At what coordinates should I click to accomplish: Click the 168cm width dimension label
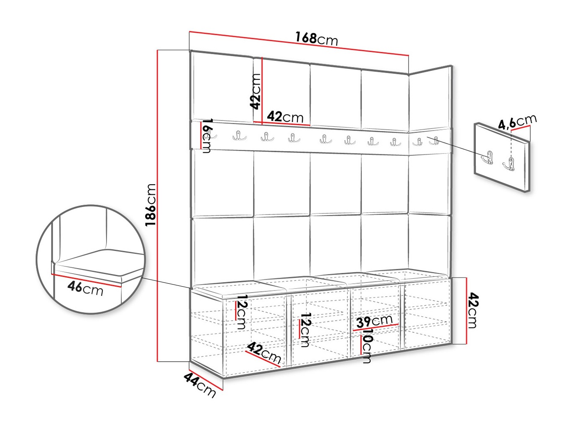pyautogui.click(x=316, y=39)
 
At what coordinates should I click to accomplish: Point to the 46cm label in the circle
pyautogui.click(x=85, y=288)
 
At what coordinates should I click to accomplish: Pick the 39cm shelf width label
pyautogui.click(x=374, y=321)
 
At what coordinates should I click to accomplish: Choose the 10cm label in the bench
pyautogui.click(x=367, y=345)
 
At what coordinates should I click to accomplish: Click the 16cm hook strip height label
pyautogui.click(x=207, y=136)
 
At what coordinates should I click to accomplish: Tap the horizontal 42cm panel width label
pyautogui.click(x=285, y=117)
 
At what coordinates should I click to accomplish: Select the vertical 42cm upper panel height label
pyautogui.click(x=255, y=91)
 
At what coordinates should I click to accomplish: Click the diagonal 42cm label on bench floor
pyautogui.click(x=264, y=353)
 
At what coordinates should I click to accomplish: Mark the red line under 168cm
pyautogui.click(x=299, y=44)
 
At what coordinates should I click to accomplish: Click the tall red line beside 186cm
pyautogui.click(x=158, y=206)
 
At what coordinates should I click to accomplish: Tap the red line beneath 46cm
pyautogui.click(x=86, y=280)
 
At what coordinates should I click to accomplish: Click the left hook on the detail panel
pyautogui.click(x=487, y=157)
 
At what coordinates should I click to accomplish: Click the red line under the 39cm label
pyautogui.click(x=375, y=327)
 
